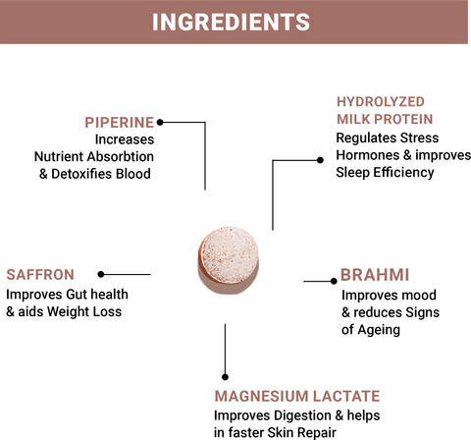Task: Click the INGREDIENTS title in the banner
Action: point(231,22)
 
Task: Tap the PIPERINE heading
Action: point(119,123)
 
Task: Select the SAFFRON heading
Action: point(40,274)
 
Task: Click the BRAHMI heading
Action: point(375,275)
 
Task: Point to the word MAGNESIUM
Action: point(261,396)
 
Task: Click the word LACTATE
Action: point(346,396)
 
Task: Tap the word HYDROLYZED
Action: point(381,102)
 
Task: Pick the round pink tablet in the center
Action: point(229,260)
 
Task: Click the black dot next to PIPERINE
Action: point(160,122)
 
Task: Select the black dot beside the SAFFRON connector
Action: point(101,274)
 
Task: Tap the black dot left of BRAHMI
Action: point(334,281)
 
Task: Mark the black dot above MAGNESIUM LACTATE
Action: point(225,377)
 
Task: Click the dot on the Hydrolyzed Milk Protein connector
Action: point(320,160)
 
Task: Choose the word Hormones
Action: point(368,155)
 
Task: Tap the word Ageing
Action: point(379,330)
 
